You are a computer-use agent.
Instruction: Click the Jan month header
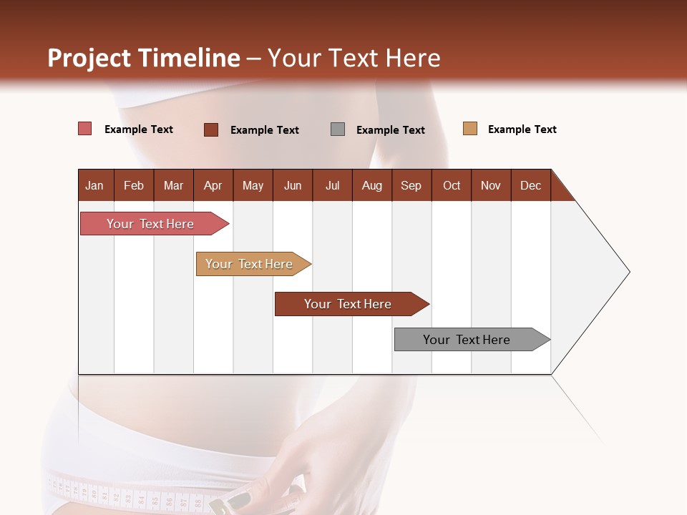[x=94, y=185]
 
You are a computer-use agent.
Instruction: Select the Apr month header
[x=213, y=185]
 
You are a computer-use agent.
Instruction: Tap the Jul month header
[x=332, y=185]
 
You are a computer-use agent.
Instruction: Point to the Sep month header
[x=411, y=185]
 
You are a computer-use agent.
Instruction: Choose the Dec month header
[x=530, y=185]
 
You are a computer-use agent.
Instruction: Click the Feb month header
[x=134, y=185]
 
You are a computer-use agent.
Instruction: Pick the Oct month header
[x=452, y=185]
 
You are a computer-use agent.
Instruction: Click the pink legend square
[x=85, y=129]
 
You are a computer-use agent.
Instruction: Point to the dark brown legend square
[x=211, y=129]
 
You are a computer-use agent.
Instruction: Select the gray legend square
[x=338, y=129]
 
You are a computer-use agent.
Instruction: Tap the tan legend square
[x=470, y=129]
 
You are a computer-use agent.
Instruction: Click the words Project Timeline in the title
[x=144, y=58]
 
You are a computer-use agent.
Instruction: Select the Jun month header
[x=293, y=185]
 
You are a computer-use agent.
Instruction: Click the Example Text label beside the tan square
[x=522, y=129]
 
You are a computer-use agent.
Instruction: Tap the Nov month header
[x=491, y=185]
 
